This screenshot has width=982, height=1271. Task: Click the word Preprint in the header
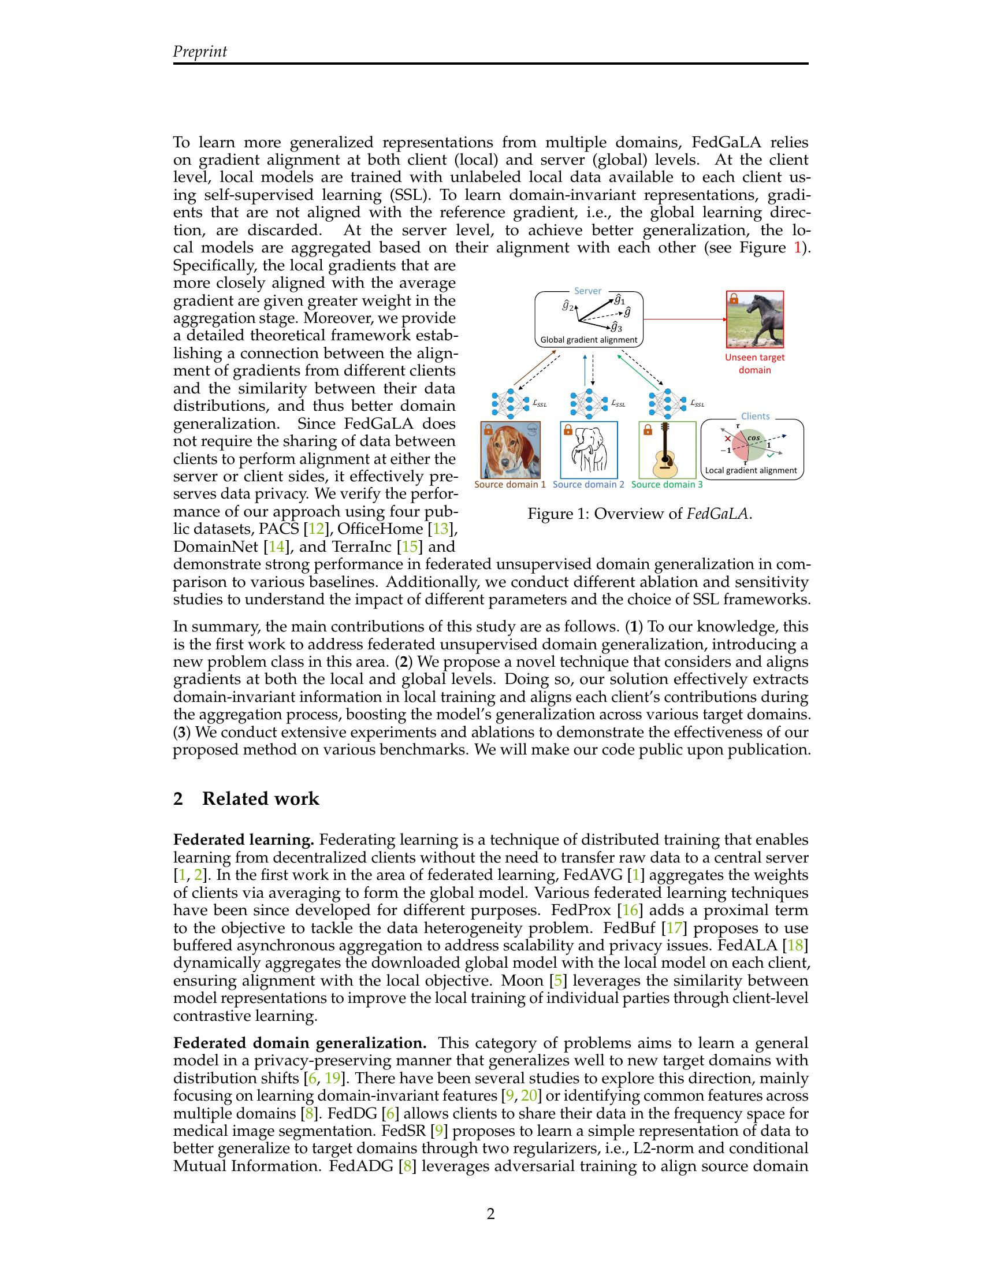point(199,52)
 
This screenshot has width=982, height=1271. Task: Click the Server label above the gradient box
point(587,291)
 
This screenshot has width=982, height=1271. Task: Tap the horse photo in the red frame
point(754,319)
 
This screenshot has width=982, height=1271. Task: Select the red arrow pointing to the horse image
point(685,319)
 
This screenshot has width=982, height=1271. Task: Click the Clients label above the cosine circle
point(755,416)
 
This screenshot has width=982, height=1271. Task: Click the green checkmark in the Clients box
point(770,457)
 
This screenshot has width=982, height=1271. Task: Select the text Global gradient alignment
point(589,340)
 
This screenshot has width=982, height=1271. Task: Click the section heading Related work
point(260,798)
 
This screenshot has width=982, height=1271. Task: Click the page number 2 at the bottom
point(490,1214)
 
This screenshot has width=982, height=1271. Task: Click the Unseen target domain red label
point(754,364)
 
